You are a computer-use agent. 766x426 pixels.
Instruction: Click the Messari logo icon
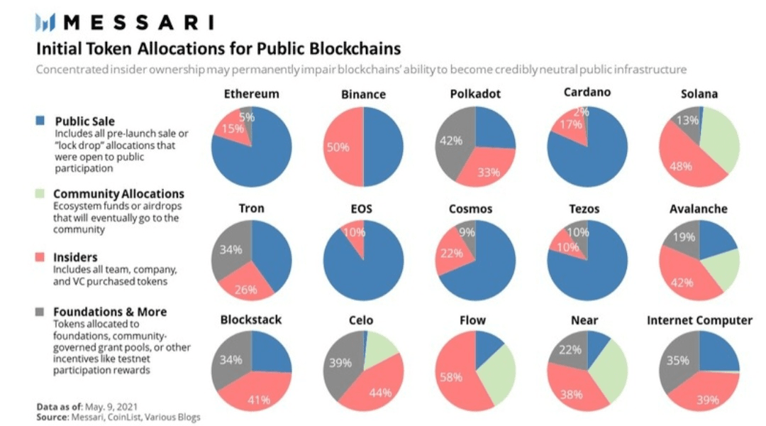click(46, 23)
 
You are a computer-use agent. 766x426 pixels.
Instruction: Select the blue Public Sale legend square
click(41, 121)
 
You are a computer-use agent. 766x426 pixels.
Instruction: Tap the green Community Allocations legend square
click(41, 194)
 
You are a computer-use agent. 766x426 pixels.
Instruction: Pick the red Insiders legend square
click(41, 257)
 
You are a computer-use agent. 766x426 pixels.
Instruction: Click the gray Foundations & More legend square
click(41, 312)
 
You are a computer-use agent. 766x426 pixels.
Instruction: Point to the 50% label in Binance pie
click(338, 147)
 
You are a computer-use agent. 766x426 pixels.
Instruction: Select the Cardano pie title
click(587, 93)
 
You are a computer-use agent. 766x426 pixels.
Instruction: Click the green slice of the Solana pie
click(719, 142)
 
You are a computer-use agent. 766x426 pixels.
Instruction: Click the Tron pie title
click(251, 209)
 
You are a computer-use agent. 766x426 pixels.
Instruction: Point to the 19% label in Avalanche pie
click(684, 237)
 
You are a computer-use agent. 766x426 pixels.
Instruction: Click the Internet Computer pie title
click(699, 320)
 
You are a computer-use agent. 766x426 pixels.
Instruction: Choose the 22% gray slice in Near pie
click(570, 350)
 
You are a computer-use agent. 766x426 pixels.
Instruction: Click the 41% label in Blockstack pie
click(260, 400)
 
